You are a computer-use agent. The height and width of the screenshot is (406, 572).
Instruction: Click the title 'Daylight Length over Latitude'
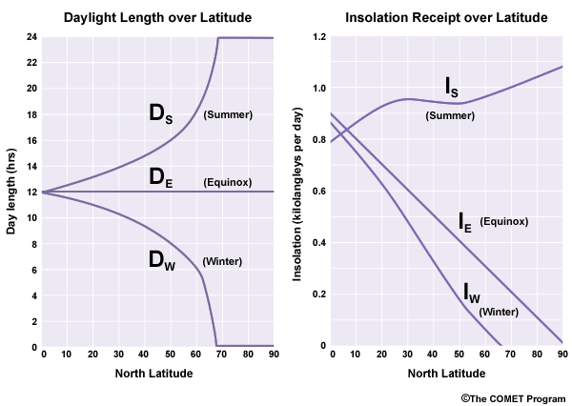point(157,17)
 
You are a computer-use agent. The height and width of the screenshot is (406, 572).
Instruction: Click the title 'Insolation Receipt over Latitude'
point(447,17)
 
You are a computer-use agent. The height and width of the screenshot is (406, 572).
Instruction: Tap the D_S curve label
point(164,115)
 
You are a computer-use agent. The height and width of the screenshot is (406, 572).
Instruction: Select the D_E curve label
point(164,177)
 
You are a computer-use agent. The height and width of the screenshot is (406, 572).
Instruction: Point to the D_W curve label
point(164,260)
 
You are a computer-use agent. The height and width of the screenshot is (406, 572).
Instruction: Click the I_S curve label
point(457,89)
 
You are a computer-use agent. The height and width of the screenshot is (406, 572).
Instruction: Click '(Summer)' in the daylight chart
point(228,114)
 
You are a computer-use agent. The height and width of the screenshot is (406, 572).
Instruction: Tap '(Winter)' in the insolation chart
point(498,311)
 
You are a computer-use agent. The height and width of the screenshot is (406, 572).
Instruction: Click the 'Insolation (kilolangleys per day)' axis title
point(298,193)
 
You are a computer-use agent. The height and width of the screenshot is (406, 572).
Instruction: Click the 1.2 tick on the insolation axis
point(317,36)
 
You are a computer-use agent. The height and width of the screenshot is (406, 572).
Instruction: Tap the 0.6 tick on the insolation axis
point(317,192)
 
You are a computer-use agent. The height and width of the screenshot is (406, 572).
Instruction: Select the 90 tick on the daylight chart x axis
point(274,355)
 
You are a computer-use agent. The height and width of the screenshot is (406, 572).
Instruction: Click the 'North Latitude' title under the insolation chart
point(447,373)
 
